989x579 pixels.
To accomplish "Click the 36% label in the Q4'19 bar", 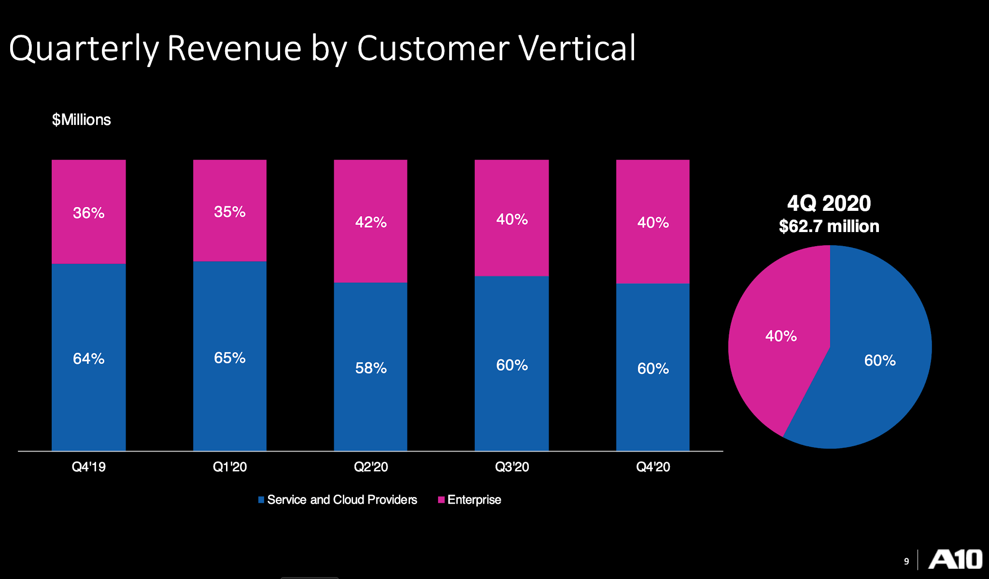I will coord(89,213).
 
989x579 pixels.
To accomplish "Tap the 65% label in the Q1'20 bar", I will coord(230,358).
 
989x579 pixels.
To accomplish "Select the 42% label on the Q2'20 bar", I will coord(371,222).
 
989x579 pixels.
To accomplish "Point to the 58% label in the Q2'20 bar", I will coord(371,368).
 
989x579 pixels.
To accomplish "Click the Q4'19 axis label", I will coord(89,467).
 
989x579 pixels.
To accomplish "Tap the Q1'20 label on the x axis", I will coord(230,467).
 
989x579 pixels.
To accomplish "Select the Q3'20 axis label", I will coord(512,467).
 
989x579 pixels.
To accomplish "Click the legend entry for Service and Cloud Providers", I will coord(338,499).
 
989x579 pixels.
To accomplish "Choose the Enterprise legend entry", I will coord(469,499).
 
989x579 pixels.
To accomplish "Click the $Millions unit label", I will coord(82,120).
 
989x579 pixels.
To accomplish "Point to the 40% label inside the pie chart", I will coord(781,336).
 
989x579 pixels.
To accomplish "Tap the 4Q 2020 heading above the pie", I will coord(829,203).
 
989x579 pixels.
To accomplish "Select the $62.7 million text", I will coord(829,226).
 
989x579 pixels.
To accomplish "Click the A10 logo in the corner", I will coord(955,560).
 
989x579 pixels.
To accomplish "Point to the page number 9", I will coord(906,561).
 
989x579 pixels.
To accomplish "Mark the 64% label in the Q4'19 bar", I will coord(89,358).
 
